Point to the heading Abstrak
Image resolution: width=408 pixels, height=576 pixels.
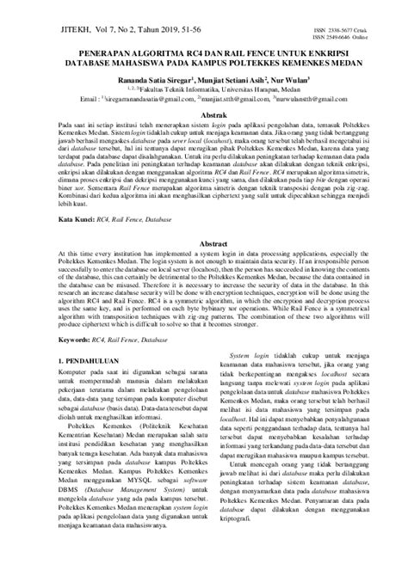coord(204,114)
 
